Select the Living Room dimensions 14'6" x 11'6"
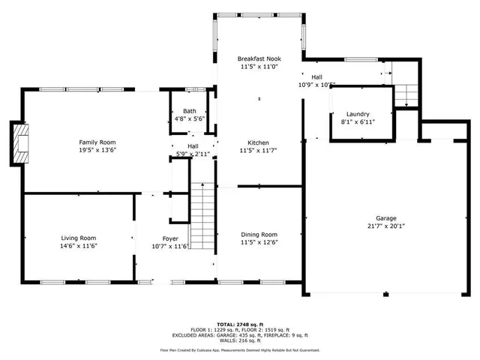pos(79,245)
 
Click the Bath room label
pos(190,111)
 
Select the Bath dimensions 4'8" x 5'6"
pos(190,118)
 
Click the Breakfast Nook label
pos(259,58)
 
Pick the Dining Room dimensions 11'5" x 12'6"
pos(259,242)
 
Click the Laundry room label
pos(358,114)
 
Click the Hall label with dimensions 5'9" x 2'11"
pos(193,146)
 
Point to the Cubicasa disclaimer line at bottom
pos(239,349)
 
